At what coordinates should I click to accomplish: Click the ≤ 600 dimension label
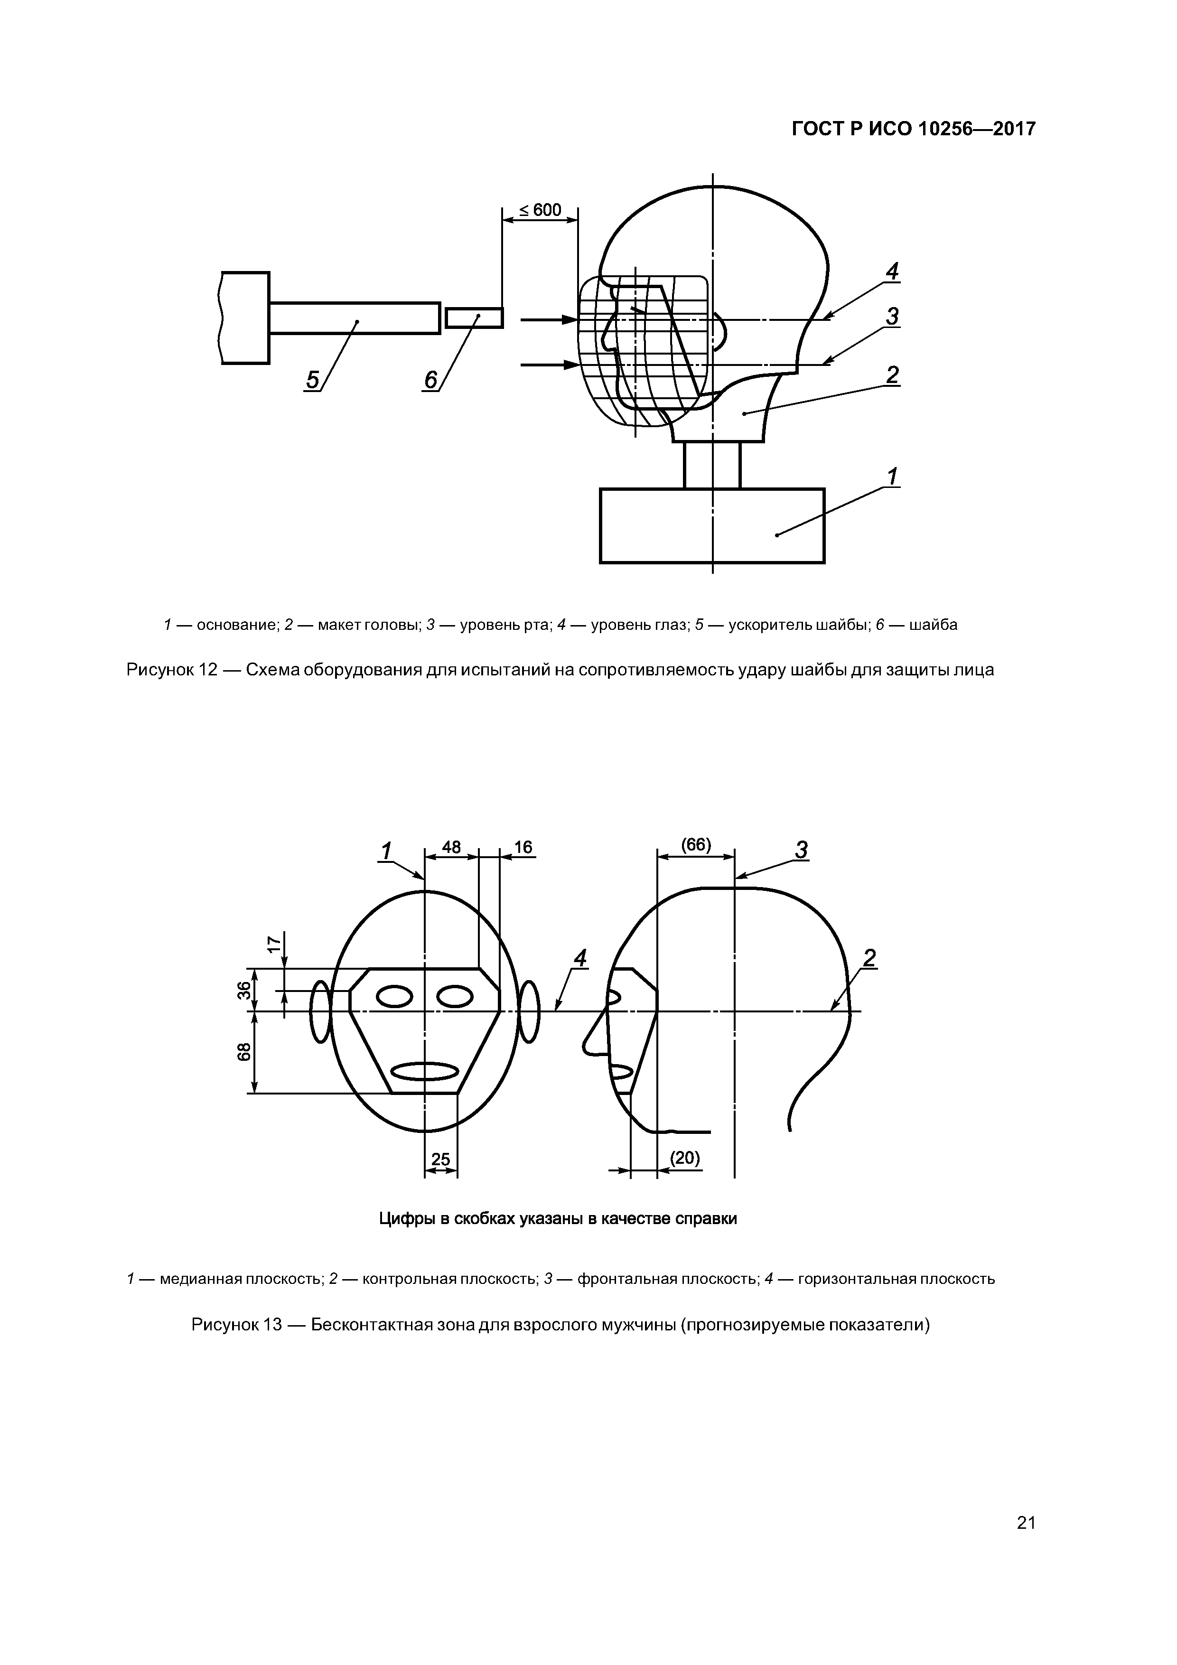[540, 210]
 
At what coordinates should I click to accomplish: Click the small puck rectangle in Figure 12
[474, 318]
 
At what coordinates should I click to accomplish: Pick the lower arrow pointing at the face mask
[548, 365]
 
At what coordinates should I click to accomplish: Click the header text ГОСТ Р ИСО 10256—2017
[913, 129]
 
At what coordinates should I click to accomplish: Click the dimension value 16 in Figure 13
[523, 847]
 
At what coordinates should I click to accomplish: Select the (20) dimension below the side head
[684, 1158]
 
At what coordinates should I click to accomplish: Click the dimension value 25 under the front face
[440, 1160]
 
